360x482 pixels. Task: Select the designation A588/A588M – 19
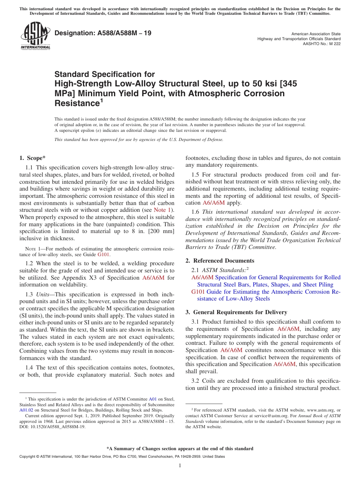[x=103, y=33]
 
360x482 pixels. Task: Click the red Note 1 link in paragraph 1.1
[x=163, y=210]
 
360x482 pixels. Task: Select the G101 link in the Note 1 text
[x=102, y=255]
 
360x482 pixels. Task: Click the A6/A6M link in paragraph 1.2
[x=153, y=278]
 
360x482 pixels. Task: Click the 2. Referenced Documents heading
[x=220, y=261]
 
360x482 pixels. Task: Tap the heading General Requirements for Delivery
[x=240, y=312]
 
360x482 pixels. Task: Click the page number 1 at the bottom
[x=180, y=466]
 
